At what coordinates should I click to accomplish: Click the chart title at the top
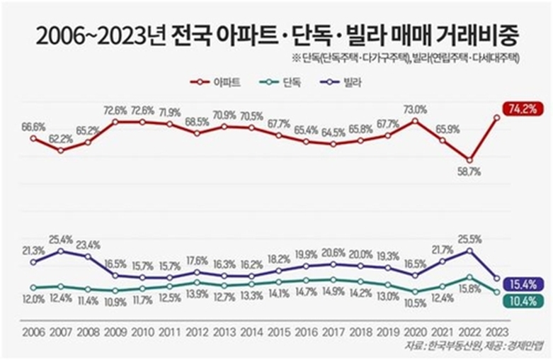click(x=276, y=33)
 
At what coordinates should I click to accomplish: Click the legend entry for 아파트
click(x=217, y=82)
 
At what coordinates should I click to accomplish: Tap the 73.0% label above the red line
click(x=415, y=109)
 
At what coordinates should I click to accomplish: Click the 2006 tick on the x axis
click(x=33, y=332)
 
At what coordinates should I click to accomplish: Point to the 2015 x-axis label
click(x=278, y=332)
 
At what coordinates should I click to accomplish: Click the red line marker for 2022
click(x=469, y=159)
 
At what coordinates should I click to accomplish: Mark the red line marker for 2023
click(x=497, y=118)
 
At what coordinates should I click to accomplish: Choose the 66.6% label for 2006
click(x=33, y=126)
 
